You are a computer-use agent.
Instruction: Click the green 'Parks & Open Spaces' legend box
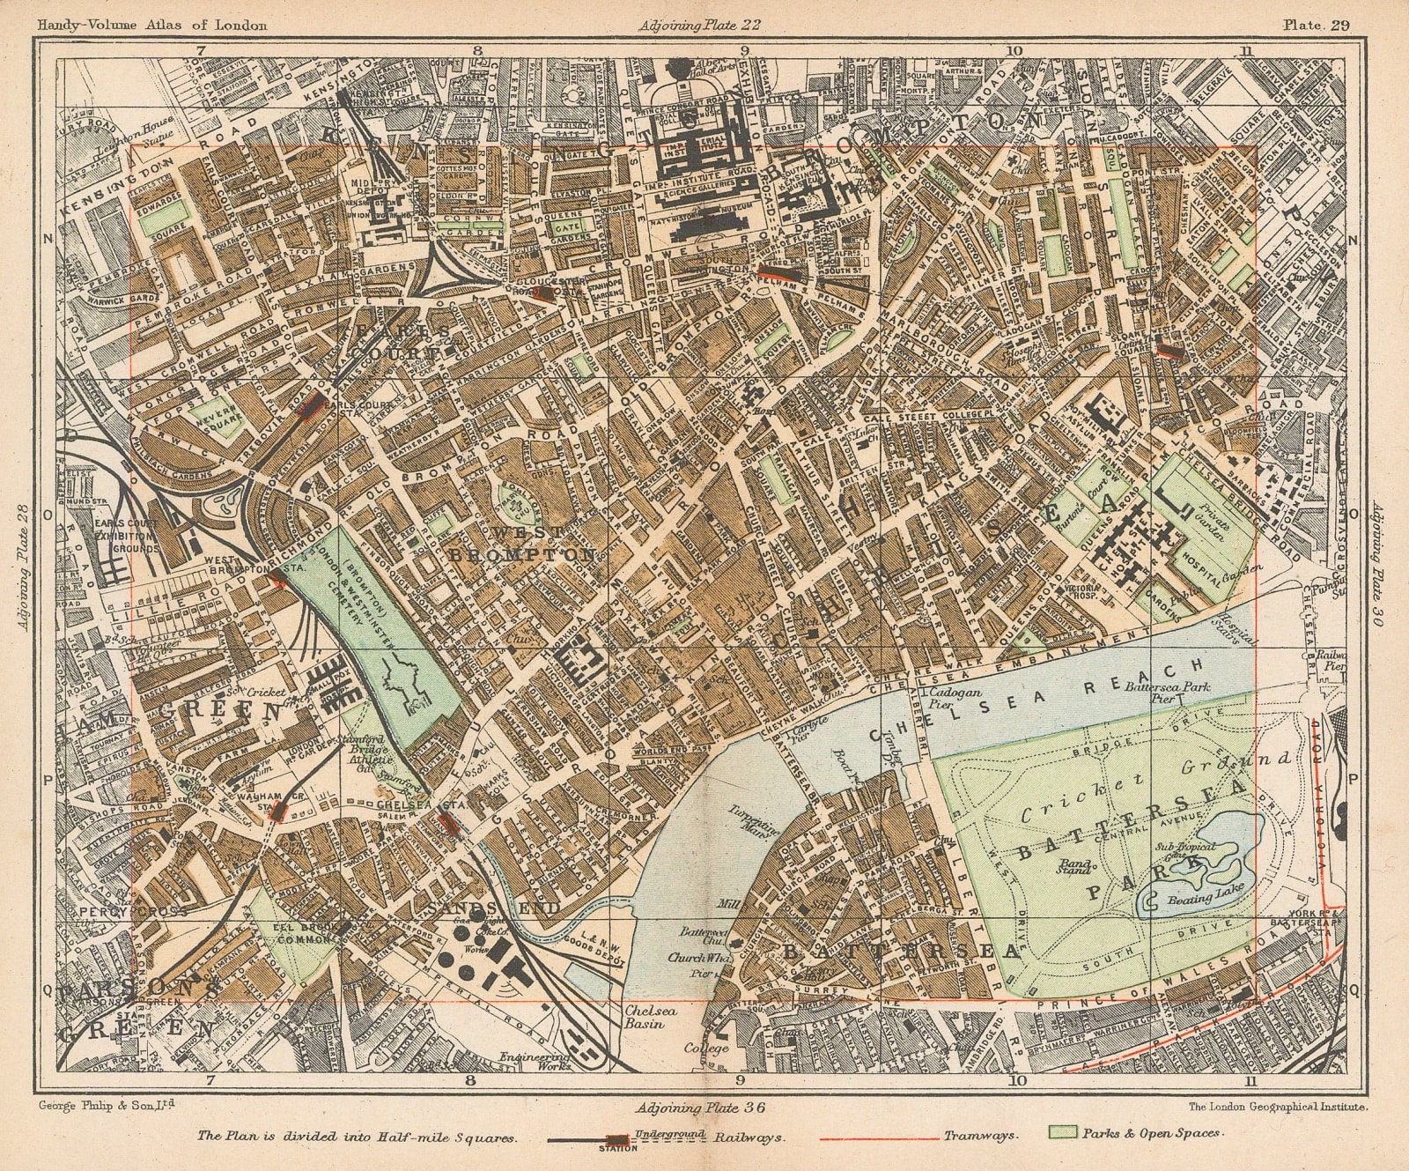tap(1060, 1133)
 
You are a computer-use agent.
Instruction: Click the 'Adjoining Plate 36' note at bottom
tap(695, 1108)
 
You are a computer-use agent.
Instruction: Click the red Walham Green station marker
tap(279, 812)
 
